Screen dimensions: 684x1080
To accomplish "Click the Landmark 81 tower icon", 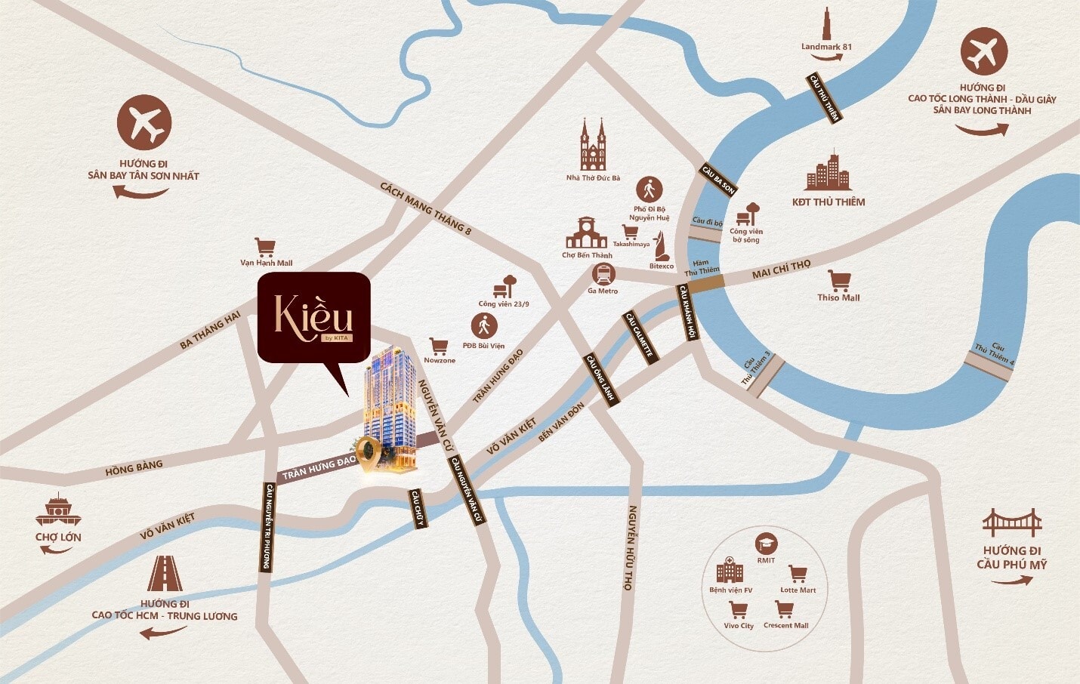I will point(827,24).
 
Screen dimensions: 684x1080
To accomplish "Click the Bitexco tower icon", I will point(662,247).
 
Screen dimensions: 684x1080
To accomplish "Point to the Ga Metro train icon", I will point(603,274).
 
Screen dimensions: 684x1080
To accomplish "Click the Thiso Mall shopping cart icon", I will point(839,280).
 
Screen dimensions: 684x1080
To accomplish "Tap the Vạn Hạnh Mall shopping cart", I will point(265,248).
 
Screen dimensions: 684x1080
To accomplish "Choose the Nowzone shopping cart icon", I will point(439,347).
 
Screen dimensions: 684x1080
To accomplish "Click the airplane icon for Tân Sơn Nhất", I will point(144,122).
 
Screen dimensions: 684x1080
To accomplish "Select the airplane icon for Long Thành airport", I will point(984,52).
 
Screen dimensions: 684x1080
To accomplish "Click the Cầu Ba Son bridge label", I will point(718,180).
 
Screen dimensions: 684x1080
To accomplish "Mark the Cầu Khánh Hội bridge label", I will point(687,312).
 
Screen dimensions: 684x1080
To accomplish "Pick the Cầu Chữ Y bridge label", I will point(418,507).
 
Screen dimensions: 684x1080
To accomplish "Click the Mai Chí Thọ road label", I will point(781,270).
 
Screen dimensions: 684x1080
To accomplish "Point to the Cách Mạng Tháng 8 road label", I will point(425,208).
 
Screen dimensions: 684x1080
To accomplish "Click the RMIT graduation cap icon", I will point(767,544).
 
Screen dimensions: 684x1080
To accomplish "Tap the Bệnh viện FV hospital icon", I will point(730,571).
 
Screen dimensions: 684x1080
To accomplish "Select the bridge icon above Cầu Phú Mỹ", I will point(1012,522).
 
